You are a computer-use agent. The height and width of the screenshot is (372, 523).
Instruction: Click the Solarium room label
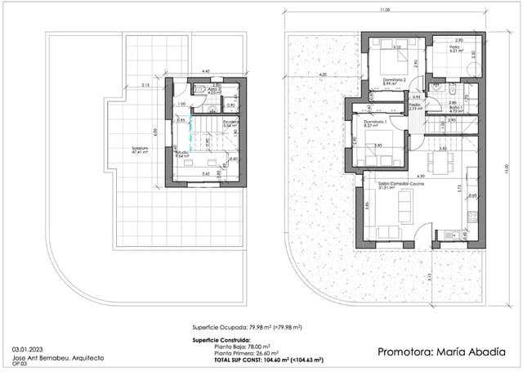click(x=140, y=148)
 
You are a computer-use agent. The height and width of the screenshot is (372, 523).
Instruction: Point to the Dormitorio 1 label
click(x=374, y=123)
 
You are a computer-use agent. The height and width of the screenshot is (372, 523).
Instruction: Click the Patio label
click(x=455, y=48)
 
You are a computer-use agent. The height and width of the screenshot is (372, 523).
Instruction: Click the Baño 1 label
click(x=457, y=106)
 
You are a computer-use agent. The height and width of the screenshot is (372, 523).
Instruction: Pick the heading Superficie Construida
click(x=221, y=337)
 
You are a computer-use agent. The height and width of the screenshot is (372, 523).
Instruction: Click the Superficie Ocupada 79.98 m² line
click(x=244, y=325)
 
